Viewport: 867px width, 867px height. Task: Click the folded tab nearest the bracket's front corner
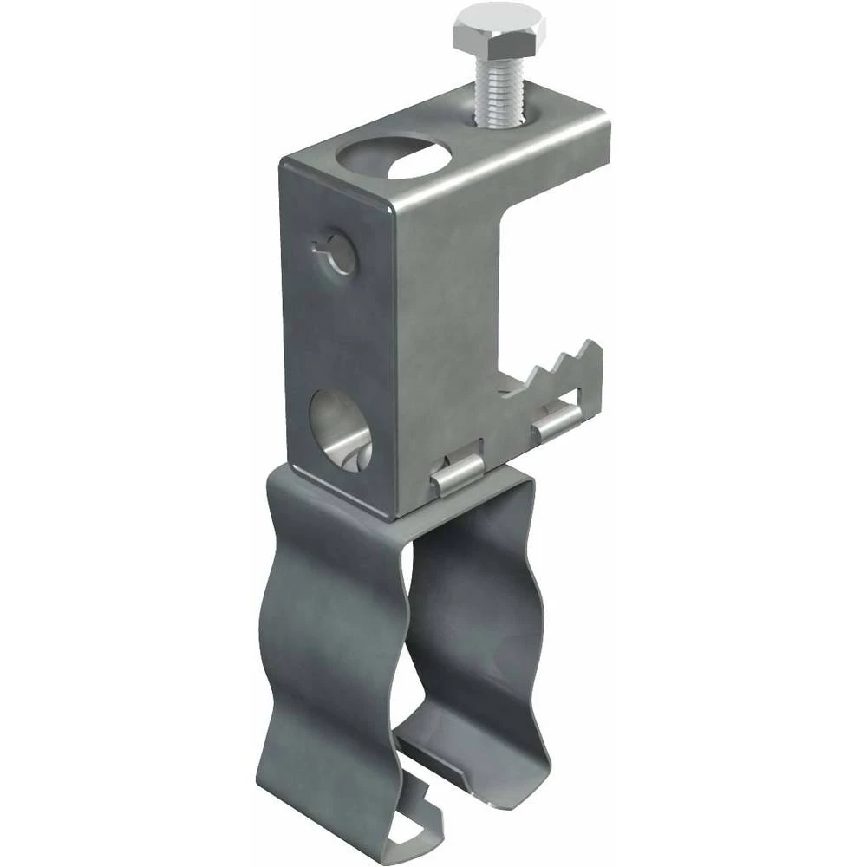(457, 476)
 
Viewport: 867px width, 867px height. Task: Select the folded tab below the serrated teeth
(557, 420)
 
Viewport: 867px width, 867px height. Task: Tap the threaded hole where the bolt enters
(503, 121)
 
